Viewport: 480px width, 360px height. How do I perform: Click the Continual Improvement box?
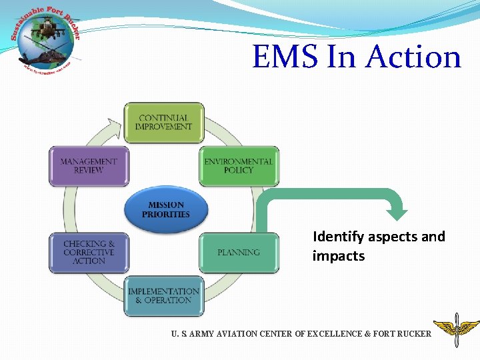click(164, 123)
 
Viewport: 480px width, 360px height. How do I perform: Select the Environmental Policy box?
click(239, 166)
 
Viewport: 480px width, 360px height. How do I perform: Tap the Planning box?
click(239, 253)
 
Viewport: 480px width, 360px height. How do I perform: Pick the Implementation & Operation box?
click(164, 296)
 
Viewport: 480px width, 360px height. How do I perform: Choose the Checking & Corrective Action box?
click(89, 253)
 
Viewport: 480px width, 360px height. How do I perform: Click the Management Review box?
click(89, 166)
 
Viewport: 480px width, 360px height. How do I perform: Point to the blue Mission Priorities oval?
click(166, 210)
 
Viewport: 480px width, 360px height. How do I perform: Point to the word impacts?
click(339, 256)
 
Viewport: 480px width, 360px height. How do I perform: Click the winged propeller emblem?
click(456, 329)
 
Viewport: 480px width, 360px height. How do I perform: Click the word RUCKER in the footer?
click(413, 333)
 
